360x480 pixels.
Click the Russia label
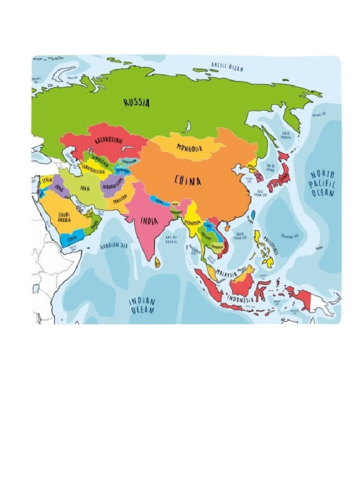pyautogui.click(x=137, y=102)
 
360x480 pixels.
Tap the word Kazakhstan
pyautogui.click(x=109, y=141)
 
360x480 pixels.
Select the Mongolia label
pyautogui.click(x=189, y=148)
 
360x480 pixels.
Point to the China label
pyautogui.click(x=188, y=180)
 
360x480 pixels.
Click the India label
pyautogui.click(x=149, y=220)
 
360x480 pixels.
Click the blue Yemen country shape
pyautogui.click(x=70, y=238)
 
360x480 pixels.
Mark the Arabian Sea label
pyautogui.click(x=114, y=245)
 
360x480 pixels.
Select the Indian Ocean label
pyautogui.click(x=142, y=305)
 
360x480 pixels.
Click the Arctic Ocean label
pyautogui.click(x=227, y=67)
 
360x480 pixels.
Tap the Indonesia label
pyautogui.click(x=240, y=299)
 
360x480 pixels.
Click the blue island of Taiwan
pyautogui.click(x=253, y=215)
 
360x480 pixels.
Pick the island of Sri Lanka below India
pyautogui.click(x=157, y=262)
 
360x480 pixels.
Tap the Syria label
pyautogui.click(x=47, y=180)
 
